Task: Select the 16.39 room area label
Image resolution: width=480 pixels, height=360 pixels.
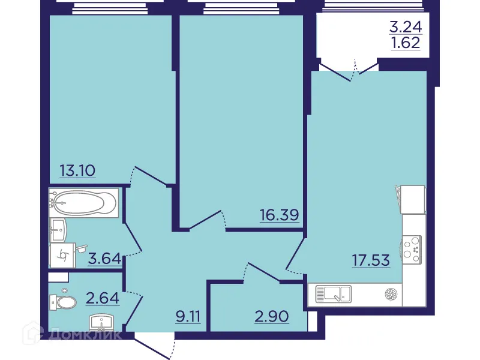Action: point(279,215)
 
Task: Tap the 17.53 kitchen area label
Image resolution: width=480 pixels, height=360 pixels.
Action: point(371,260)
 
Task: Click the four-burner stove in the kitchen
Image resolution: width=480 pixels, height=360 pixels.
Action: point(412,248)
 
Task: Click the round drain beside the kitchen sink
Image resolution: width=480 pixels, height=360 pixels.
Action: point(391,294)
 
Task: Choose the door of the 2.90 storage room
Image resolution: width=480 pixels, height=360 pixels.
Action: point(261,272)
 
